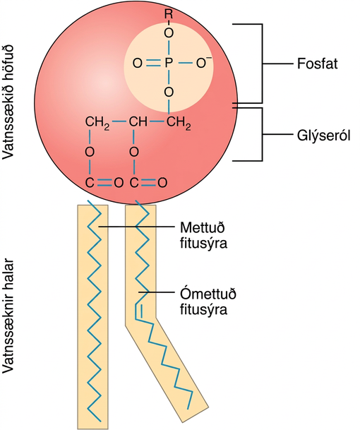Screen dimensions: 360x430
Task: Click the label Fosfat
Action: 317,64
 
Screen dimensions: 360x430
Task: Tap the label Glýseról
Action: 323,136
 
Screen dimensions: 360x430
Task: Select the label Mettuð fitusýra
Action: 204,235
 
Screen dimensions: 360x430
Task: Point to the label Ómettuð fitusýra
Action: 208,301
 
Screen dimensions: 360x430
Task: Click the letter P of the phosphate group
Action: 168,64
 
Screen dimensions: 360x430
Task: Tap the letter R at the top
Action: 168,13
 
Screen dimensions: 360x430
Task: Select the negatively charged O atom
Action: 202,64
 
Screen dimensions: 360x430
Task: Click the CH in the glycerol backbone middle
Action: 138,121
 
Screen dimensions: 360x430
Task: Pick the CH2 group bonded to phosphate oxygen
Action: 178,122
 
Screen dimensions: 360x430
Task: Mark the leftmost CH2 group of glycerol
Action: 97,122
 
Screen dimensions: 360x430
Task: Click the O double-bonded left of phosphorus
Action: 138,64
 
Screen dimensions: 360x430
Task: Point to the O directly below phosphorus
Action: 169,92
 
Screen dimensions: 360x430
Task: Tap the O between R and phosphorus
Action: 169,33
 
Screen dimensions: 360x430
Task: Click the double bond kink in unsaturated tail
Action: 138,311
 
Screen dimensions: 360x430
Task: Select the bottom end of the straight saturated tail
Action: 100,422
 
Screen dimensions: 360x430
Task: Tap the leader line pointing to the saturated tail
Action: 136,227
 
